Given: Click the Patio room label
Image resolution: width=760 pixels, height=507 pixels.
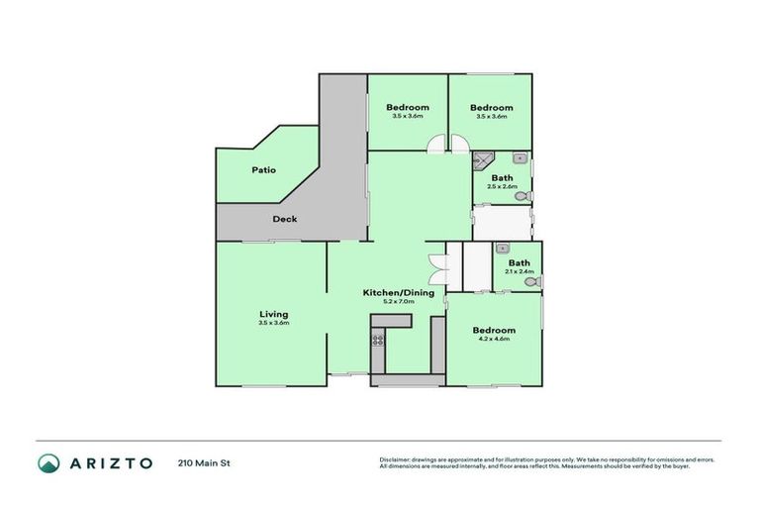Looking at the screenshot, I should (263, 169).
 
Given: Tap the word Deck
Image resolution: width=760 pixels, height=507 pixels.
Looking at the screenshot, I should (285, 219).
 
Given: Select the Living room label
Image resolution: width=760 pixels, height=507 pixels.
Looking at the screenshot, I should (273, 314).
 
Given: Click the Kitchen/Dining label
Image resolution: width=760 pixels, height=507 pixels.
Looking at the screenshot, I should (398, 292).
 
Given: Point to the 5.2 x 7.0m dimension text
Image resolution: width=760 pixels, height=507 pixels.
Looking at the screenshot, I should (398, 302).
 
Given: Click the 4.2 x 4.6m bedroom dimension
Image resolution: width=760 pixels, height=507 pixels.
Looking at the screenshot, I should (493, 340).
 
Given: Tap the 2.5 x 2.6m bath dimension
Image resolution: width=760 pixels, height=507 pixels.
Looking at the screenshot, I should (501, 186).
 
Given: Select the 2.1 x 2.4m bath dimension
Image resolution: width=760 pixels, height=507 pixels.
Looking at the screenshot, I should (519, 272).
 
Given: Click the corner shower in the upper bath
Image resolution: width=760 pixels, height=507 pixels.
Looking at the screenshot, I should (482, 158).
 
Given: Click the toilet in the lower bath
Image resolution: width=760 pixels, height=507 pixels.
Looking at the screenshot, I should (532, 282).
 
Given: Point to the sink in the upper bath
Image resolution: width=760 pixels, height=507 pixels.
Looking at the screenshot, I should (519, 156).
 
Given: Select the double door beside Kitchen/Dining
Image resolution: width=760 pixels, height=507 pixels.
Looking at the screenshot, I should (436, 267).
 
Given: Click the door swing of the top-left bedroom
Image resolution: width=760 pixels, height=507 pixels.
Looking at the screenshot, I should (434, 146).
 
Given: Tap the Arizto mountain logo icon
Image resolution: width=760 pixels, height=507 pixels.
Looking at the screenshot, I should (48, 462).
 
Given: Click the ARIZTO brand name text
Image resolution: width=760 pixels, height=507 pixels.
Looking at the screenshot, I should (110, 462).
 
